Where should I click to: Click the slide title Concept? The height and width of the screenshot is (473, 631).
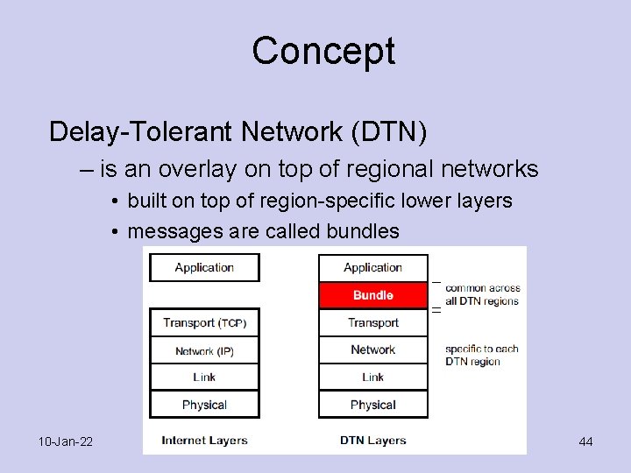click(323, 51)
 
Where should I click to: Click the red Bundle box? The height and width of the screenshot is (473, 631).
click(372, 295)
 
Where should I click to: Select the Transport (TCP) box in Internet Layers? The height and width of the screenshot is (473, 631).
click(204, 322)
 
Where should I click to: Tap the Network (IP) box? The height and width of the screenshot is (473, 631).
click(204, 350)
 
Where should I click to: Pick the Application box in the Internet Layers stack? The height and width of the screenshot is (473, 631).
click(204, 267)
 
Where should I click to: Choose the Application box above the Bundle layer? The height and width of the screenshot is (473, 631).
click(372, 267)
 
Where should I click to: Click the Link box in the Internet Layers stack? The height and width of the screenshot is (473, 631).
click(204, 377)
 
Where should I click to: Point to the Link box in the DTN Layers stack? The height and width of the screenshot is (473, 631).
click(372, 377)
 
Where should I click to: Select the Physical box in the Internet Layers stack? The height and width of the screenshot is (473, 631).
click(204, 405)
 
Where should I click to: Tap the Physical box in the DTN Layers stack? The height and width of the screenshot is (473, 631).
click(372, 405)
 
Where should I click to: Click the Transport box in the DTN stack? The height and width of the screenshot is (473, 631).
click(372, 322)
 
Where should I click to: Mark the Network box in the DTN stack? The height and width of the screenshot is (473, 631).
click(372, 349)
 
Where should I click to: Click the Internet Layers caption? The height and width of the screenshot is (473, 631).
click(204, 440)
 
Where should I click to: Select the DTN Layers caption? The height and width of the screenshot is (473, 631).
click(372, 440)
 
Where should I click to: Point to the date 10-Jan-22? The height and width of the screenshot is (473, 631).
click(66, 441)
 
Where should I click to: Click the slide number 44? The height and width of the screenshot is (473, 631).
click(585, 441)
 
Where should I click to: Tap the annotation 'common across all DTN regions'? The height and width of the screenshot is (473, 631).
click(482, 294)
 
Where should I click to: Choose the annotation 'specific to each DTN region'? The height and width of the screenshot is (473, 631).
click(481, 355)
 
